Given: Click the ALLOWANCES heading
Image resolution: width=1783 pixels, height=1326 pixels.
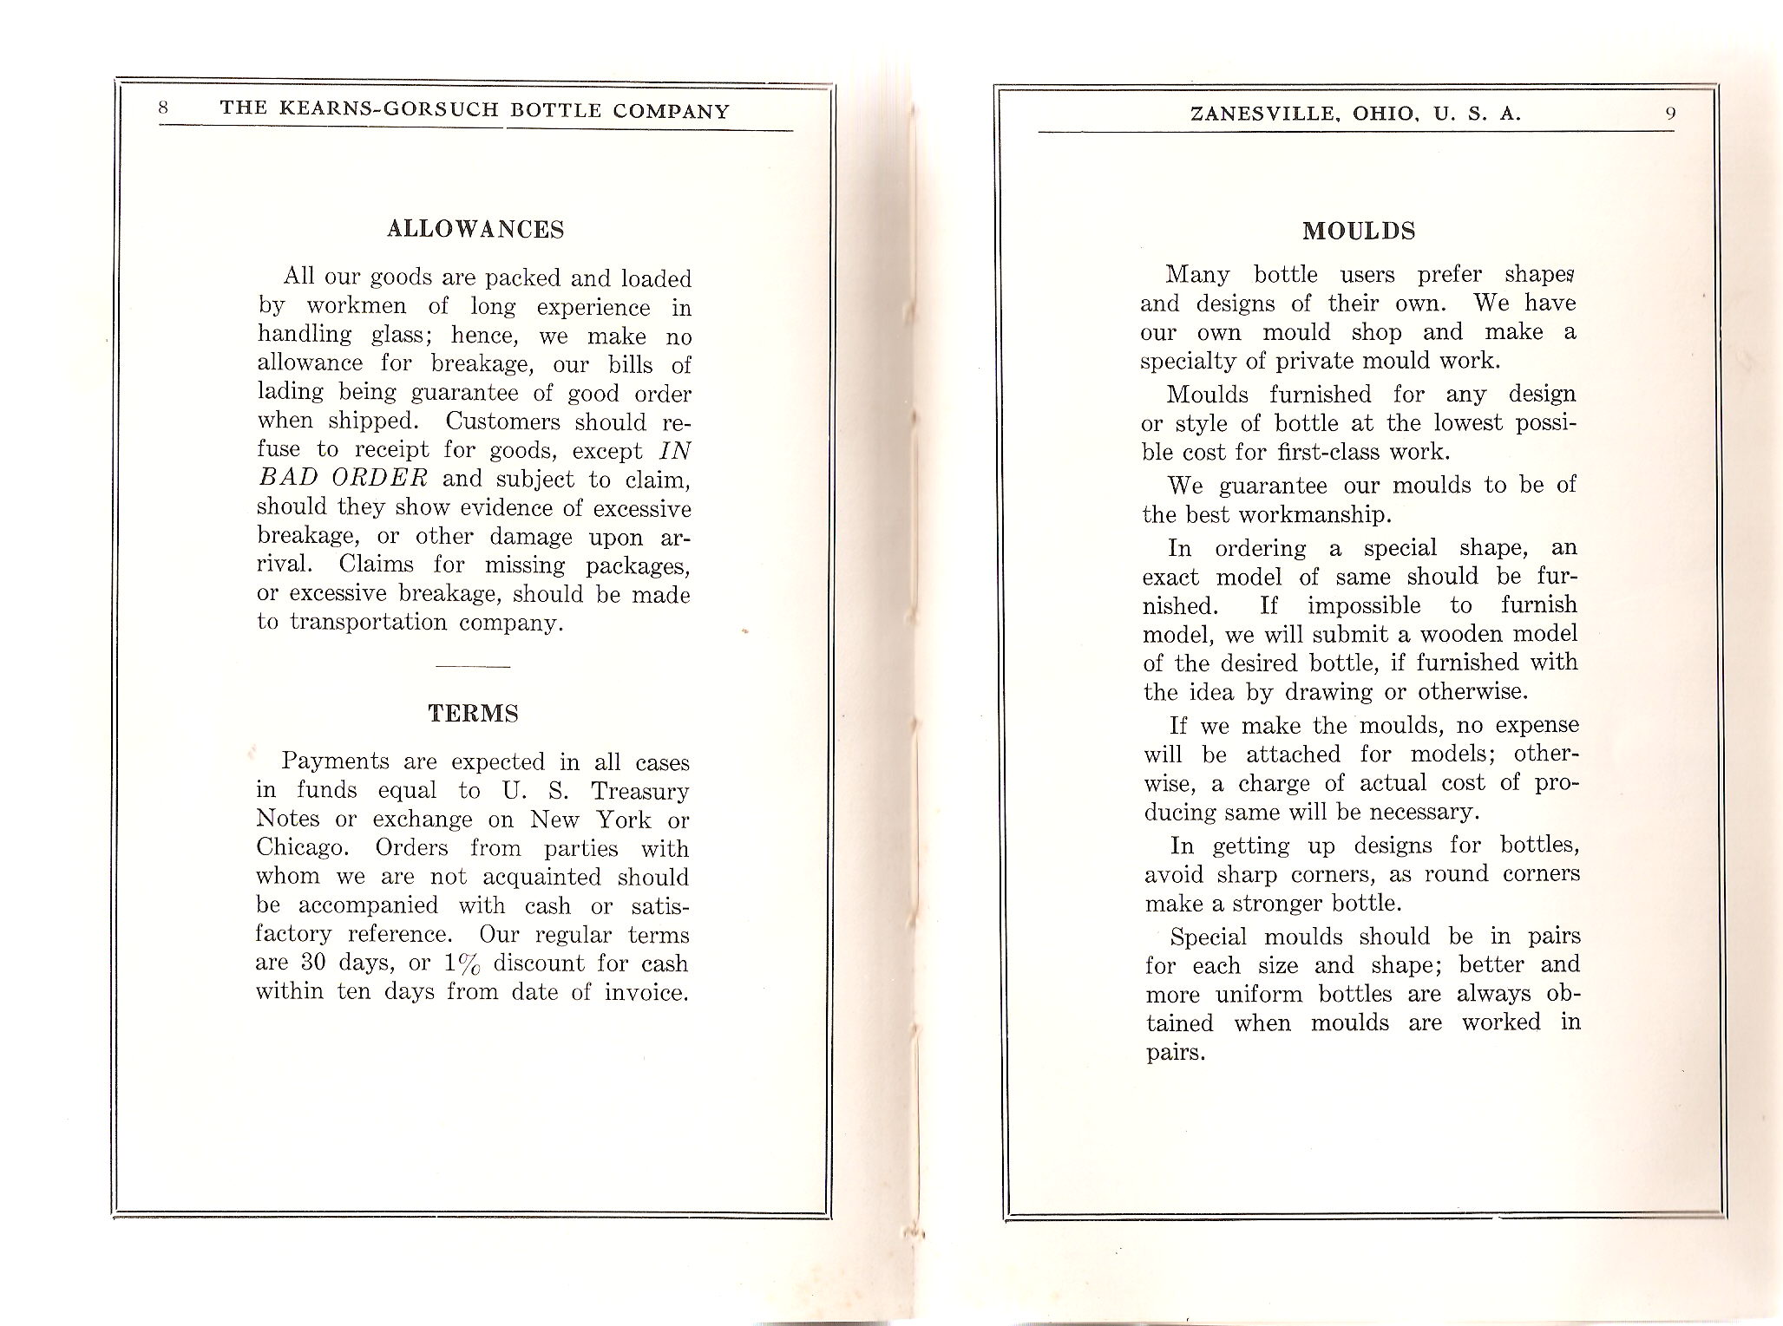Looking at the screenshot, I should [475, 230].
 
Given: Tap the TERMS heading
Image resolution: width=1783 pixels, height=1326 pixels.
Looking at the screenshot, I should [473, 714].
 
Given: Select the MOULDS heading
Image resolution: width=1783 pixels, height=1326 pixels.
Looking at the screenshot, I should [1359, 232].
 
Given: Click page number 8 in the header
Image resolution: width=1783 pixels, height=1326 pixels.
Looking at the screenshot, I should [164, 109].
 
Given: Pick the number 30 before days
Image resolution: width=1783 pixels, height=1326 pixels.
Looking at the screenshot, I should [315, 963].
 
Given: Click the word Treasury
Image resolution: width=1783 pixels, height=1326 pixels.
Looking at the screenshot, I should [639, 791].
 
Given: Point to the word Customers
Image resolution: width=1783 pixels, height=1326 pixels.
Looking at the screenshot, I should [503, 422].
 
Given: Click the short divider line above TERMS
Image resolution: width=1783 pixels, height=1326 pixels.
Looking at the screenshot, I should [473, 666].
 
